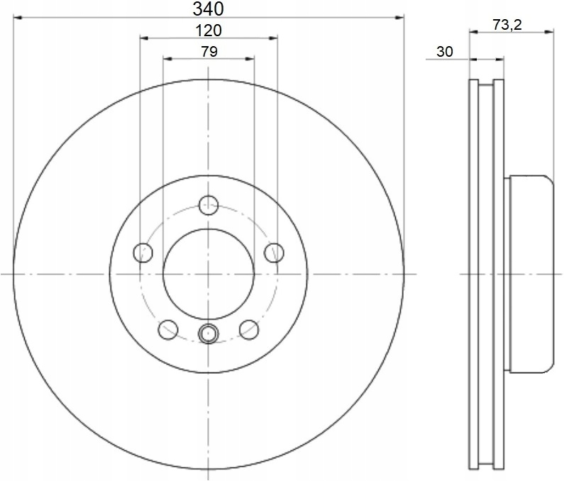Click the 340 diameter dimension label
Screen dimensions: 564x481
208,9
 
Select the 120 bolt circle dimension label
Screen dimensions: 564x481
209,31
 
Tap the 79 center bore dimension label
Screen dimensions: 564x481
209,52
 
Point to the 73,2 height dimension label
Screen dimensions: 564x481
507,24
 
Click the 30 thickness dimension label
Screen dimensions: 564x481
445,52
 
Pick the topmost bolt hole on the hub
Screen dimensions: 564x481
209,206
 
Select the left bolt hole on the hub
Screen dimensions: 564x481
143,253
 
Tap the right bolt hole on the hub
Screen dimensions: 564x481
274,253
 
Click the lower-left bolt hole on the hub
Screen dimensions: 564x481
168,330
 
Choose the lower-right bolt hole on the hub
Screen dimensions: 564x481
249,330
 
